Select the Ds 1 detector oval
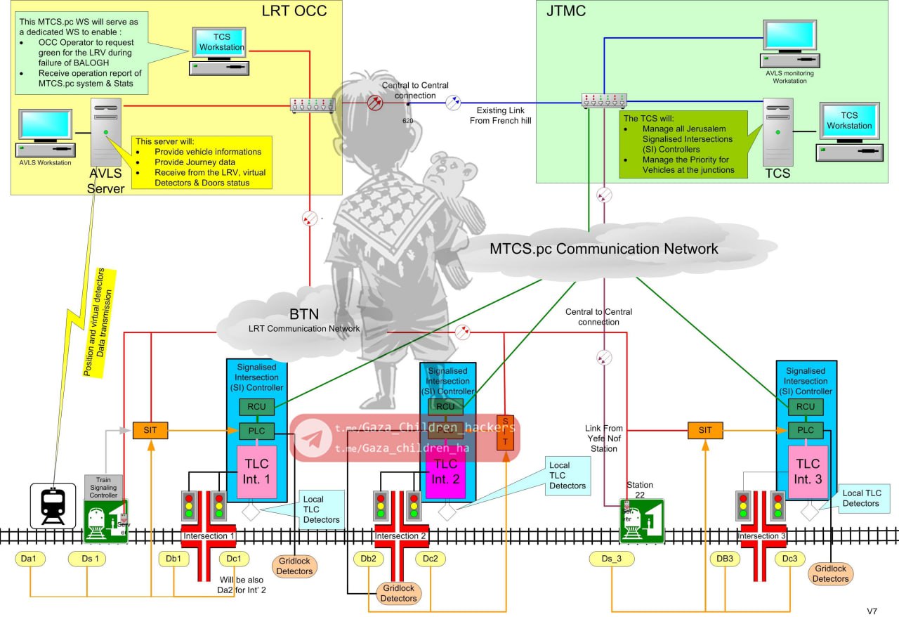88,559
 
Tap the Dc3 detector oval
789,559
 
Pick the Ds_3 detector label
612,559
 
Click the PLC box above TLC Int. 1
256,430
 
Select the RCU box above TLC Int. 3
806,406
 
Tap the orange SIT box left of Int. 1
150,430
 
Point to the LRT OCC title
294,11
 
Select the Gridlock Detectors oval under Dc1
294,566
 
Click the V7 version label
872,610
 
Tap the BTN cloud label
305,313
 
